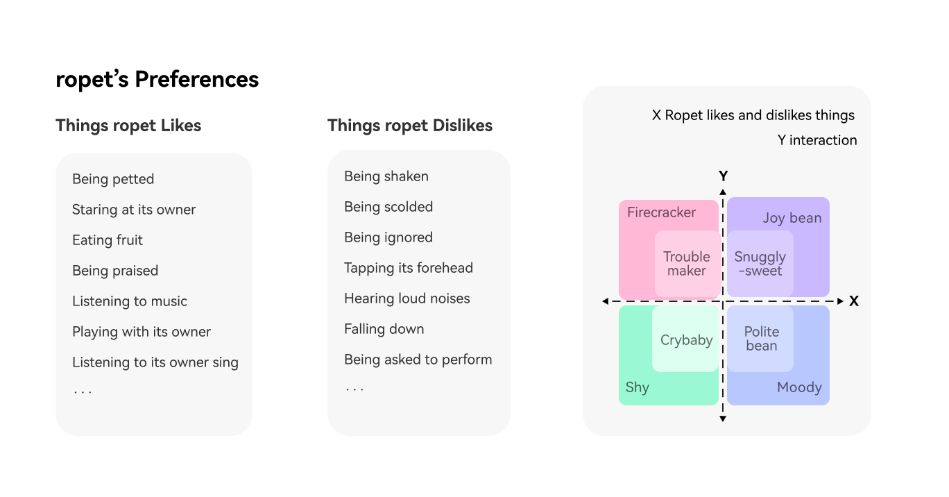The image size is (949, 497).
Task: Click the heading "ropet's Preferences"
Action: point(157,79)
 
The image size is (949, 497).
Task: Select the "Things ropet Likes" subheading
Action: point(128,126)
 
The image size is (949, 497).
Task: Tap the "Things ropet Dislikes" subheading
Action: point(410,126)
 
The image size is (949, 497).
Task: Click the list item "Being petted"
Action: point(113,179)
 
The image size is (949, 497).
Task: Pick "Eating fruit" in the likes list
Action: point(108,240)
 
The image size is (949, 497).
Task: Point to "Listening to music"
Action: point(130,301)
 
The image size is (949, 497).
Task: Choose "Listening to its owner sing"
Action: point(155,362)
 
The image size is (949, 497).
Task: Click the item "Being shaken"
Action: point(386,176)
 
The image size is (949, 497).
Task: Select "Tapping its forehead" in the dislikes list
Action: point(409,268)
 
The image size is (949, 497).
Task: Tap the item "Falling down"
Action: point(384,329)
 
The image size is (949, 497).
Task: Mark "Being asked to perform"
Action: point(418,360)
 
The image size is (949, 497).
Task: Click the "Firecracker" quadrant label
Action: point(661,212)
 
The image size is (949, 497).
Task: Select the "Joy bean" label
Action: point(792,218)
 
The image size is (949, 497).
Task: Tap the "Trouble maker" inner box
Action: point(687,264)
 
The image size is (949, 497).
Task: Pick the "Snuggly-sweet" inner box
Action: point(760,264)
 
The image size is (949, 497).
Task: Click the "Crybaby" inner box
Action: point(687,340)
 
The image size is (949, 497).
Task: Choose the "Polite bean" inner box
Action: point(761,339)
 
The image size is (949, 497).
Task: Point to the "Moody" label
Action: point(799,387)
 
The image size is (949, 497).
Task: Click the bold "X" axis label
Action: point(854,301)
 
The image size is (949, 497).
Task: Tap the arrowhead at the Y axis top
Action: point(723,191)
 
